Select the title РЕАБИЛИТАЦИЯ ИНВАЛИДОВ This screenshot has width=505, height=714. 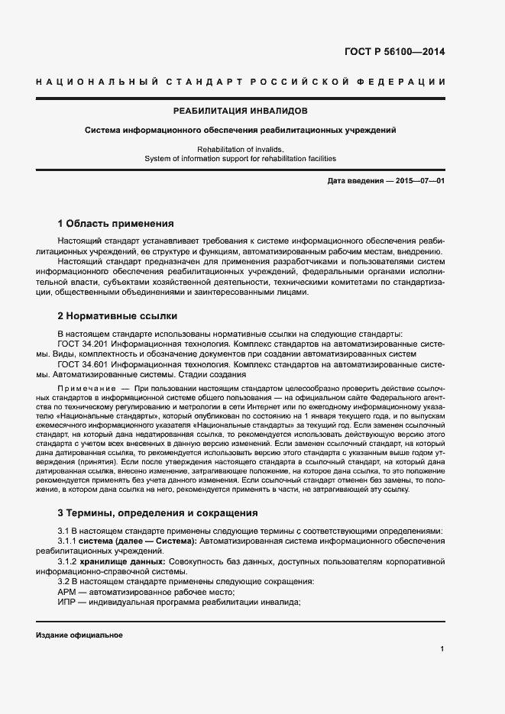pos(240,111)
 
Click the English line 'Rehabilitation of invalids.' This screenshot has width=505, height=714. pos(240,149)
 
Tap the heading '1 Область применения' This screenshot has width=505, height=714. pos(115,224)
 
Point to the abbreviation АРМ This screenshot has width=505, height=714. pos(67,592)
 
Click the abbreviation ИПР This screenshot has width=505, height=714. pos(67,602)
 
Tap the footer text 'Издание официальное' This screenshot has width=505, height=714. pos(79,635)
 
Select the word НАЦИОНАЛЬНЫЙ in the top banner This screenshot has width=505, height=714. pos(97,82)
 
